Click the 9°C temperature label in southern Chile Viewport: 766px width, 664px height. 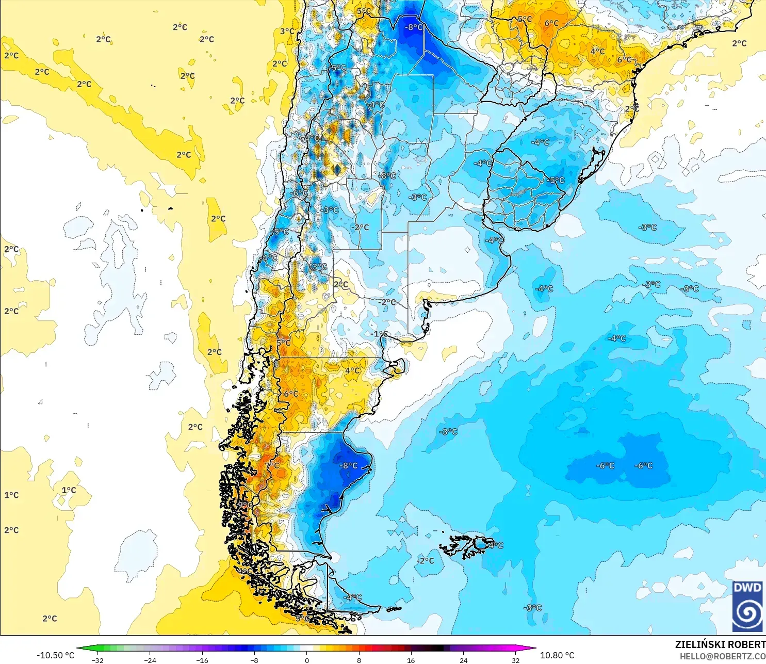pos(245,505)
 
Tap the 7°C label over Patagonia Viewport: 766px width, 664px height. pos(272,465)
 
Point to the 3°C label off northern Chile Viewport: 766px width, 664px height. pos(287,31)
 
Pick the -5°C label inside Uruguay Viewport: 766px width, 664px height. pos(556,180)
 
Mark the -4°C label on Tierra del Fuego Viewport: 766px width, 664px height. pos(353,597)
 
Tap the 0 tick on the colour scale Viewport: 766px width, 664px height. pos(307,660)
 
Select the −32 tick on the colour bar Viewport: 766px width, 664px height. pos(97,660)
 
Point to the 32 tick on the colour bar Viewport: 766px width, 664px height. pos(516,660)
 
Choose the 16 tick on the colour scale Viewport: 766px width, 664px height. pos(411,660)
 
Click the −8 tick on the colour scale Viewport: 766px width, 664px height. pos(254,660)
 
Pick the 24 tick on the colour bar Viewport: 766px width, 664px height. pos(464,660)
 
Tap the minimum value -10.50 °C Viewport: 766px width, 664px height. pos(55,655)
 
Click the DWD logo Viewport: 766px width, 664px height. pos(747,606)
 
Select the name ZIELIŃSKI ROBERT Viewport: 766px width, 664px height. pos(720,644)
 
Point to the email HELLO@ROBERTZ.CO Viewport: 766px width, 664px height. pos(722,656)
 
